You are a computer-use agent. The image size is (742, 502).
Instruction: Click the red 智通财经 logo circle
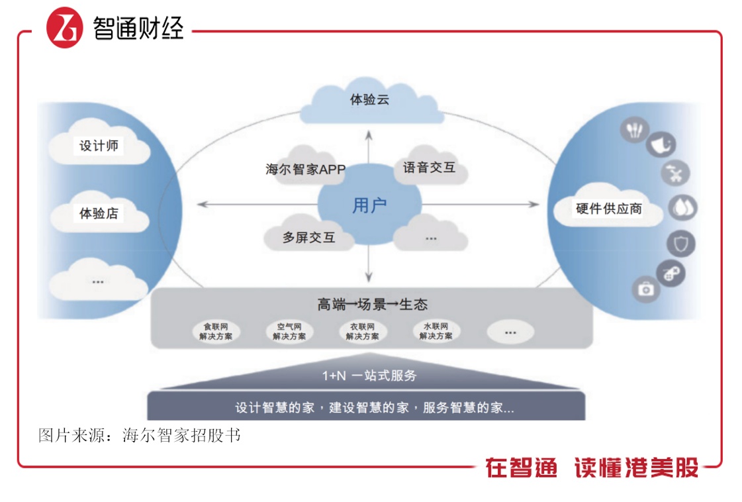64,28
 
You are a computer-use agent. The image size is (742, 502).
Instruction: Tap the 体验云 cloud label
369,101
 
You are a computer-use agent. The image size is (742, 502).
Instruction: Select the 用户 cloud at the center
369,205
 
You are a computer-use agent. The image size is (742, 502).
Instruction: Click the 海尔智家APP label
305,170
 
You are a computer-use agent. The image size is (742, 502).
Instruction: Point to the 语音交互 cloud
429,168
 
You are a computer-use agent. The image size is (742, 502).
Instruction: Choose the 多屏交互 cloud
308,237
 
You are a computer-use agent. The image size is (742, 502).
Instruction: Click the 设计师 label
99,146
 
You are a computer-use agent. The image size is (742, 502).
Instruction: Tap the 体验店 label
99,213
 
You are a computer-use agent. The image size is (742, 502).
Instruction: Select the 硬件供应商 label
608,209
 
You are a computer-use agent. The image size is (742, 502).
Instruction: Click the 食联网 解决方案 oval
216,331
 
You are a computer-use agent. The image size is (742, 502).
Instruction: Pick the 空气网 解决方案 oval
289,331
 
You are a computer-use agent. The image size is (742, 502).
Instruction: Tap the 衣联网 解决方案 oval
362,331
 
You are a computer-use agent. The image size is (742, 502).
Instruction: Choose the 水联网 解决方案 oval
436,331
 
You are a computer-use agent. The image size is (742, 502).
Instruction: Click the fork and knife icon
633,130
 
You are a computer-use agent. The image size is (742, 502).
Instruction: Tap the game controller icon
670,274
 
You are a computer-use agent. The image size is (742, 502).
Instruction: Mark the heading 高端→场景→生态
372,304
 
